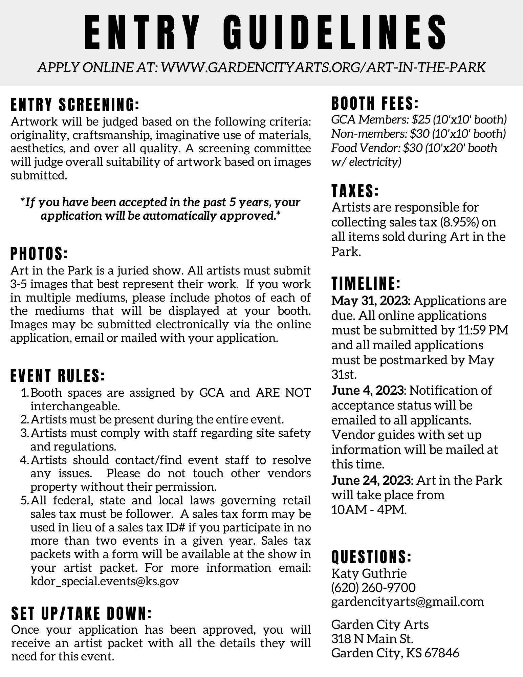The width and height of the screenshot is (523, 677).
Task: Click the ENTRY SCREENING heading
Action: point(75,105)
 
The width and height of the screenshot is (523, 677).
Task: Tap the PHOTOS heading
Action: point(39,254)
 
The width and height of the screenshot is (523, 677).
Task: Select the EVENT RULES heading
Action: point(58,376)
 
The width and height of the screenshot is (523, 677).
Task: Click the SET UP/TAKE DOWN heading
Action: point(81,613)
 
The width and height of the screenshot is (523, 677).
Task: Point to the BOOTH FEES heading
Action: point(375,104)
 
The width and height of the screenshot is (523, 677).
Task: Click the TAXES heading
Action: point(355,191)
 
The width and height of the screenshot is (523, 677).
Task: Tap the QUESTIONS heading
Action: point(371,556)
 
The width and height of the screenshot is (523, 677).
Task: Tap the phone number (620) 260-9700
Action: point(373,587)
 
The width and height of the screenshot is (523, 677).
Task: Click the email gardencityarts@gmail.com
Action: point(407,602)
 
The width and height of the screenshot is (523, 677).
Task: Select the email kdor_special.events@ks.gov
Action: point(104,581)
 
